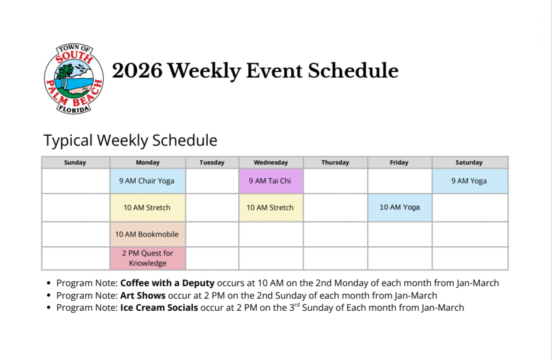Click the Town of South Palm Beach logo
pos(74,79)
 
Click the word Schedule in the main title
pos(353,71)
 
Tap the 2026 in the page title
pos(137,71)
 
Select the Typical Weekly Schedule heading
pos(130,140)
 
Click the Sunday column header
pos(75,163)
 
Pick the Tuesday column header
pos(212,163)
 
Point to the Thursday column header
pos(335,163)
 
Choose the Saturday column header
pos(469,163)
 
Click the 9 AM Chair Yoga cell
pos(148,181)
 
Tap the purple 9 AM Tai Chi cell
pos(270,181)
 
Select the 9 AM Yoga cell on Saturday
pos(469,181)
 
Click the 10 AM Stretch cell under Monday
pos(148,208)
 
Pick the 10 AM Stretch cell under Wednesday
pos(270,208)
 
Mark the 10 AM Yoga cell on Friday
pos(399,207)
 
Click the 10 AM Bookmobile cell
pos(148,234)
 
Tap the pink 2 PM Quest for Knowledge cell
pos(148,258)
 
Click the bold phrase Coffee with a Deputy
pos(167,283)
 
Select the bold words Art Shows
pos(143,296)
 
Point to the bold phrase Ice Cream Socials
pos(159,308)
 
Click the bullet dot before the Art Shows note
pos(49,296)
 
